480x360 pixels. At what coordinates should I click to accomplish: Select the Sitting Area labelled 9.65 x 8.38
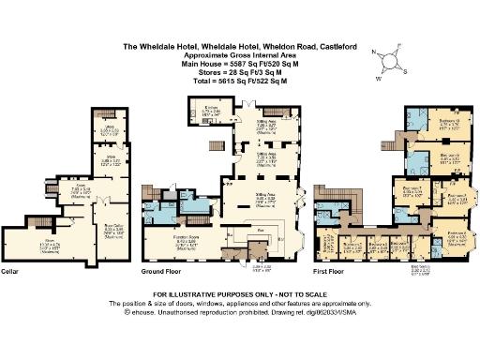pyautogui.click(x=266, y=195)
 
